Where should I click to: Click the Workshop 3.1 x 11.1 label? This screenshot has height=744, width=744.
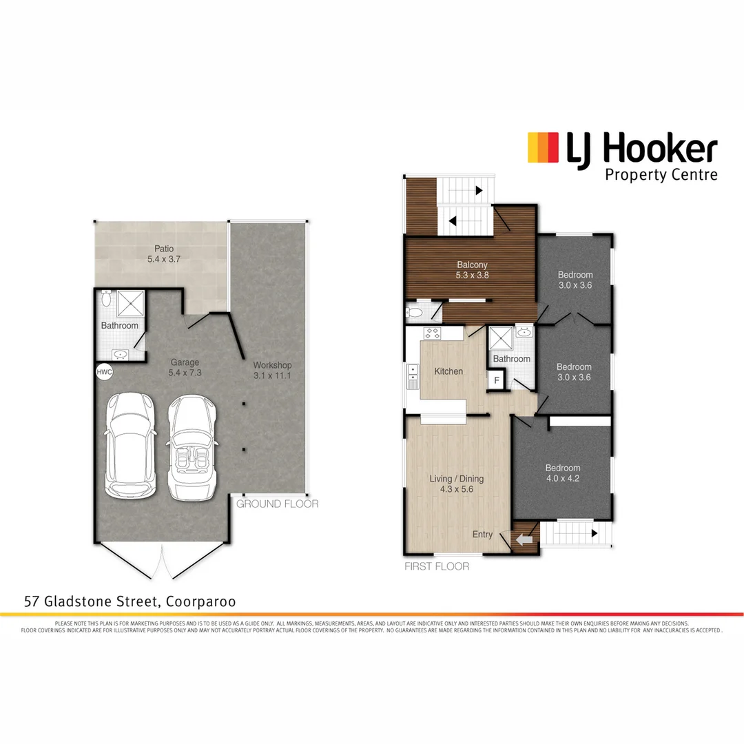point(272,370)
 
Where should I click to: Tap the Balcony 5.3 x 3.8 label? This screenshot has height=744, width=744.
point(472,270)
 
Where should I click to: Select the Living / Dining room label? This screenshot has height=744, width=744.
point(457,484)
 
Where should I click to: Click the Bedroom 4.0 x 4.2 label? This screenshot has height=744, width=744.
point(563,473)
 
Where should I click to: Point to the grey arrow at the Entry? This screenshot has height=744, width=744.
point(524,541)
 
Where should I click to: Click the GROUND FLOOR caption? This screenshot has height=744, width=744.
point(277,504)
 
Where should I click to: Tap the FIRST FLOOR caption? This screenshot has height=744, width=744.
point(437,567)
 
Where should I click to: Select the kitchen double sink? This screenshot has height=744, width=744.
point(413,373)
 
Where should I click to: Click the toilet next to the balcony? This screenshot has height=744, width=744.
point(415,313)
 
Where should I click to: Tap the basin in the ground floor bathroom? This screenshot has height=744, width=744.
point(121,354)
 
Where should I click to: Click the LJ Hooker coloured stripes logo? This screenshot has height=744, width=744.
point(541,148)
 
